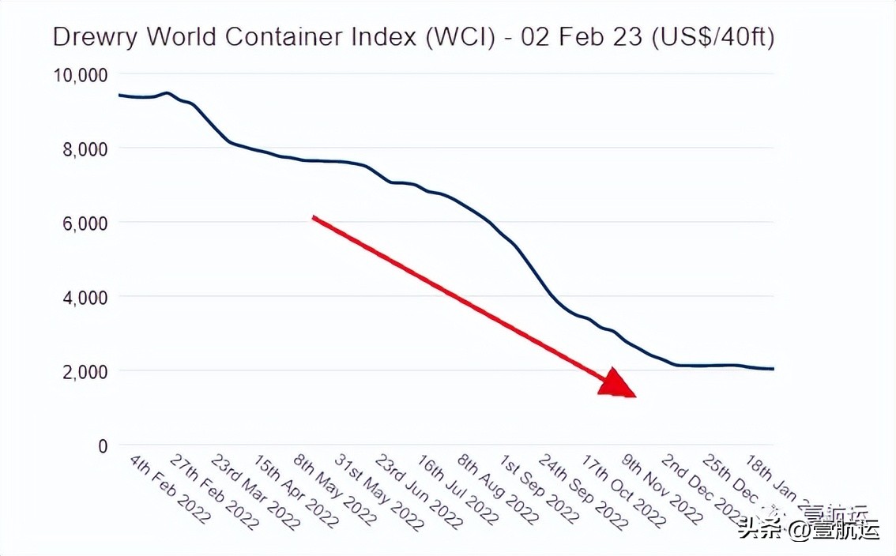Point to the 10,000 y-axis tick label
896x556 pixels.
(x=80, y=75)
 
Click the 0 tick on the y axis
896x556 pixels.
(x=101, y=446)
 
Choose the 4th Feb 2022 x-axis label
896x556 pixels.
(x=170, y=490)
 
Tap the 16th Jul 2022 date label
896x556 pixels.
(x=457, y=490)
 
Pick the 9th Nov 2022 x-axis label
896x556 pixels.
(x=663, y=490)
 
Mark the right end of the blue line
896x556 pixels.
(x=773, y=369)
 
